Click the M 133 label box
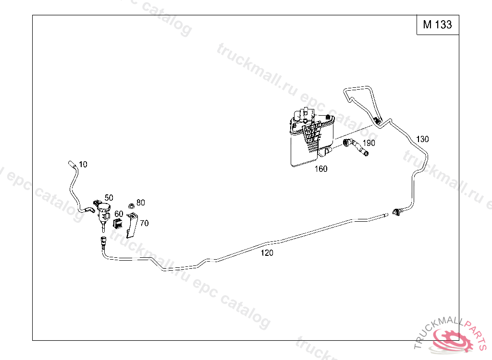[x=438, y=25]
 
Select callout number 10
[x=83, y=164]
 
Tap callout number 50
[x=109, y=198]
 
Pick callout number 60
[x=119, y=214]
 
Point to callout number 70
[x=144, y=223]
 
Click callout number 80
[x=141, y=203]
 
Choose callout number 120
[x=267, y=253]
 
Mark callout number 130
[x=422, y=139]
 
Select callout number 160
[x=321, y=168]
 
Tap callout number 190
[x=369, y=143]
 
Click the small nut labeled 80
[x=132, y=206]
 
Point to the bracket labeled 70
[x=132, y=225]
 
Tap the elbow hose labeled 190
[x=356, y=147]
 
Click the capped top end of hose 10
[x=71, y=163]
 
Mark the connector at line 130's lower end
[x=396, y=212]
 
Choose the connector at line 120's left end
[x=103, y=241]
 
